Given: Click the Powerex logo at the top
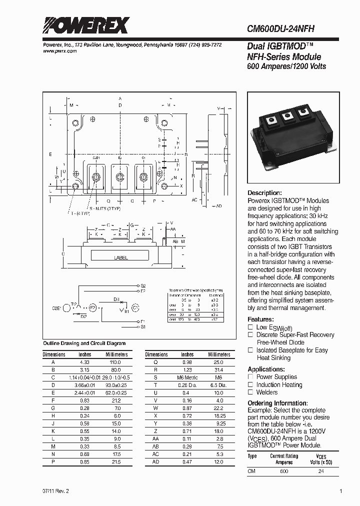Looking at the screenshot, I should pos(85,25).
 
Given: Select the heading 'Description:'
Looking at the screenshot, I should pos(265,193).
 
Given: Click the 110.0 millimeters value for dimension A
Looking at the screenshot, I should pos(116,361).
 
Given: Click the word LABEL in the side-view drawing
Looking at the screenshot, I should pos(121,258).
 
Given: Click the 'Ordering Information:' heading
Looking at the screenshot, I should pos(277,403).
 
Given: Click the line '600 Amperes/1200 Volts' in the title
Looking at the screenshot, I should pos(286,66).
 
